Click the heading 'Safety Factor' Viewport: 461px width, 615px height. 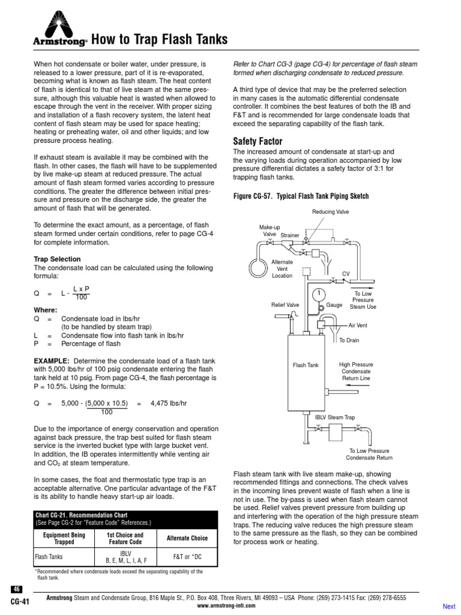point(257,141)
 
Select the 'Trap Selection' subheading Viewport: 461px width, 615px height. point(57,259)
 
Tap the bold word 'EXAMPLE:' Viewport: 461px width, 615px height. point(52,360)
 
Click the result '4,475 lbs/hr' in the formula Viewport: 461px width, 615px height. point(170,405)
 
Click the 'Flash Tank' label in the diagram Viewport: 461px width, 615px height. point(306,365)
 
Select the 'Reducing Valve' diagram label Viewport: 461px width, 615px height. point(330,212)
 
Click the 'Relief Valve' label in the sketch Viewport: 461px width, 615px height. point(285,305)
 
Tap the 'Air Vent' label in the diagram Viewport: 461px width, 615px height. point(358,325)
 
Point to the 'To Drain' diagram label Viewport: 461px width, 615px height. point(349,340)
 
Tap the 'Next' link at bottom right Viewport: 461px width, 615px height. point(449,606)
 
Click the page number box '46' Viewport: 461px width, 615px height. point(16,589)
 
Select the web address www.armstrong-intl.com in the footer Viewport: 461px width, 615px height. point(226,605)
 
